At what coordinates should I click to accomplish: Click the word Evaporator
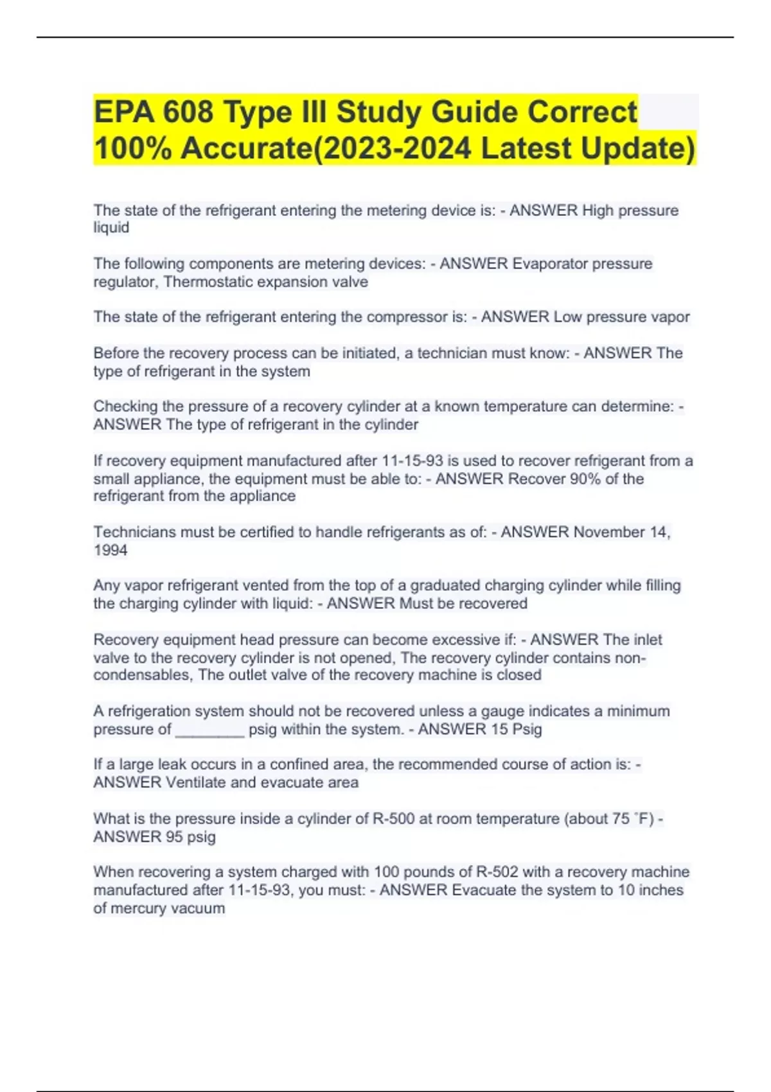click(x=550, y=264)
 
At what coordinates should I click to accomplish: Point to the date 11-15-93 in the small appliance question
click(x=411, y=461)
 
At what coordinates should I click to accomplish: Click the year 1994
click(x=111, y=550)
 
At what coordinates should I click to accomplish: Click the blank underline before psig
click(x=209, y=730)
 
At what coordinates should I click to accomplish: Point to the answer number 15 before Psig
click(x=499, y=730)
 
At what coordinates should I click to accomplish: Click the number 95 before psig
click(x=174, y=837)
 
